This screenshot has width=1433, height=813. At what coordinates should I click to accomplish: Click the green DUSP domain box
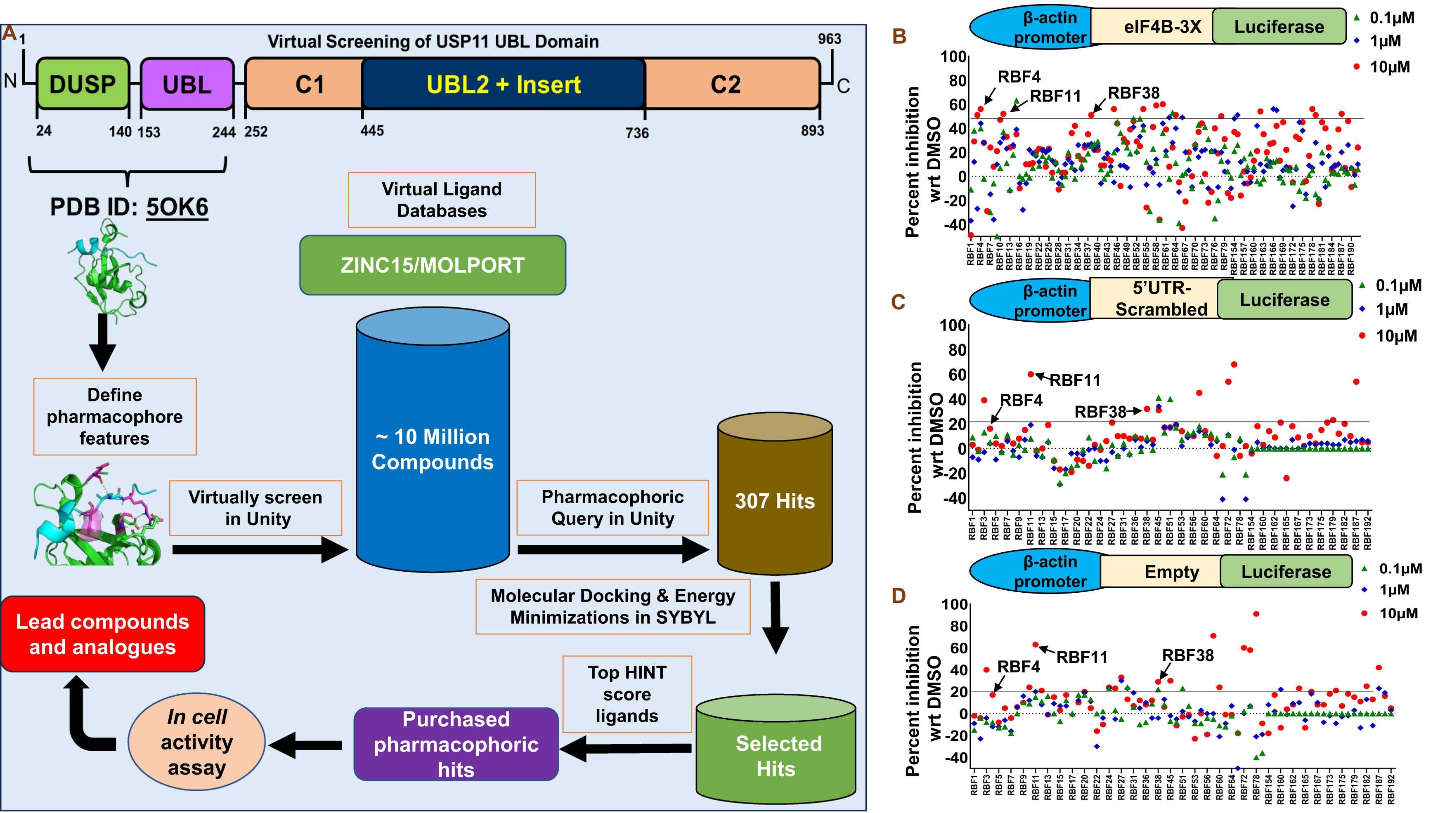[x=83, y=84]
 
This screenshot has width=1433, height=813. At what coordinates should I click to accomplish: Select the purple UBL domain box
[x=187, y=84]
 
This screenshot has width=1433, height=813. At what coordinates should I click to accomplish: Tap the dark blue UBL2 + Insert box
[x=504, y=84]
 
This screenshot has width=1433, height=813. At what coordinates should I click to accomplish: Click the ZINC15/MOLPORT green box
[x=433, y=265]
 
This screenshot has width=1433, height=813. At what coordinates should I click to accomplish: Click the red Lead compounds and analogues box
[x=102, y=634]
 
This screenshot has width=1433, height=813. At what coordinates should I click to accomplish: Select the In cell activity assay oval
[x=196, y=742]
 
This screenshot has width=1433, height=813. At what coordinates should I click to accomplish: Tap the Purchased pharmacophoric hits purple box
[x=456, y=744]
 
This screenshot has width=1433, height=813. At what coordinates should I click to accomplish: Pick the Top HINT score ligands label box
[x=627, y=694]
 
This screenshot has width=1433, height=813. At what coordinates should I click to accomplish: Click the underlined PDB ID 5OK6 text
[x=177, y=207]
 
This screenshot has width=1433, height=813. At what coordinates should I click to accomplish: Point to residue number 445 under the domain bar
[x=372, y=131]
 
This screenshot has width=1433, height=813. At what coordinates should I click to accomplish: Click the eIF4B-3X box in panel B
[x=1162, y=27]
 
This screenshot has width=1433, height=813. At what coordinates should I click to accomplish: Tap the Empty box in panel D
[x=1172, y=572]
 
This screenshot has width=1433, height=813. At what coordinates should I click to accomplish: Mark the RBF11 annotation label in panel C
[x=1075, y=381]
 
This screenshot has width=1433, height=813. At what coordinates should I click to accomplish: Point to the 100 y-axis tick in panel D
[x=954, y=605]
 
